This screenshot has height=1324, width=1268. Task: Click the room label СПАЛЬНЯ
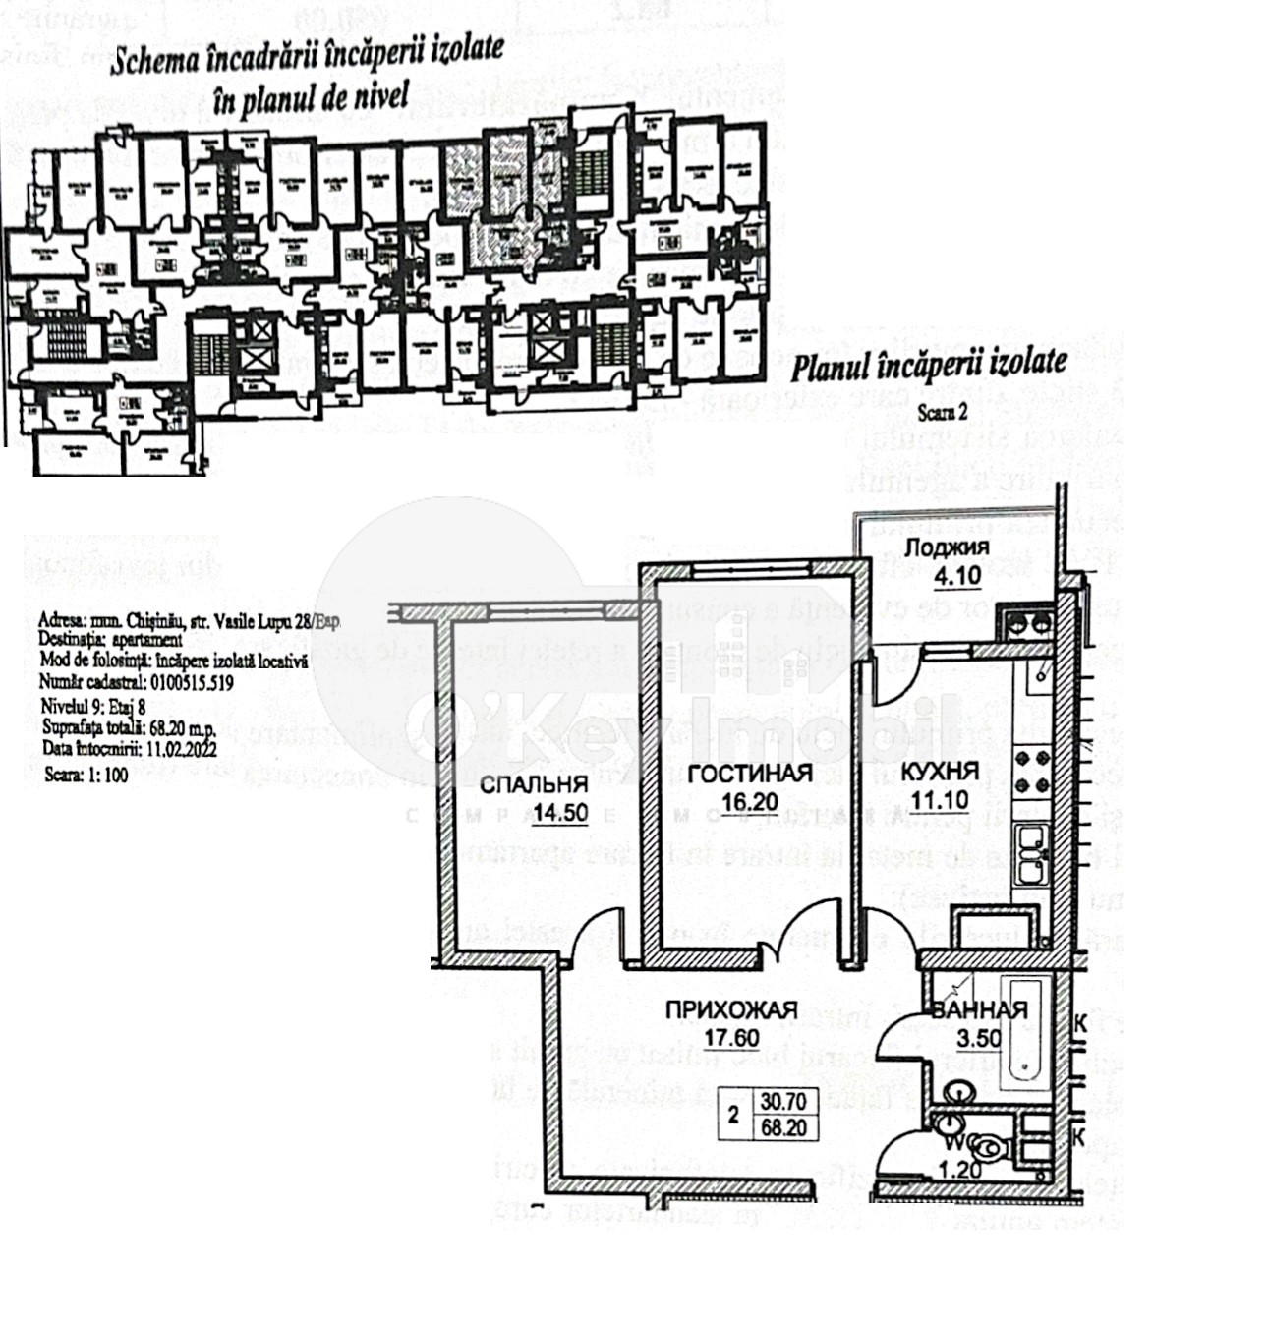point(534,784)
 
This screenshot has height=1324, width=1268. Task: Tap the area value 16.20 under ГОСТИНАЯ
point(749,801)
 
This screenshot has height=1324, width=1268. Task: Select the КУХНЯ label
point(940,771)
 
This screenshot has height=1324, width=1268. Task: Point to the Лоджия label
point(947,547)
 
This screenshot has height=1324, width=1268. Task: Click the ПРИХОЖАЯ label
point(731,1010)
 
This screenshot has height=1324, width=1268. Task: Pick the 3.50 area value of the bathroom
point(979,1038)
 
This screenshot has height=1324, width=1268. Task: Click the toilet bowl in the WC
point(987,1147)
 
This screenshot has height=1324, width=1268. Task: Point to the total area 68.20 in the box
point(783,1127)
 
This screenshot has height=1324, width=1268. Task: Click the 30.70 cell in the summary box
point(783,1103)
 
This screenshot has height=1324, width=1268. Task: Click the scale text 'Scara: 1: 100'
point(86,774)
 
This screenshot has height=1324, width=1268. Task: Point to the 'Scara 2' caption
point(942,413)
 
